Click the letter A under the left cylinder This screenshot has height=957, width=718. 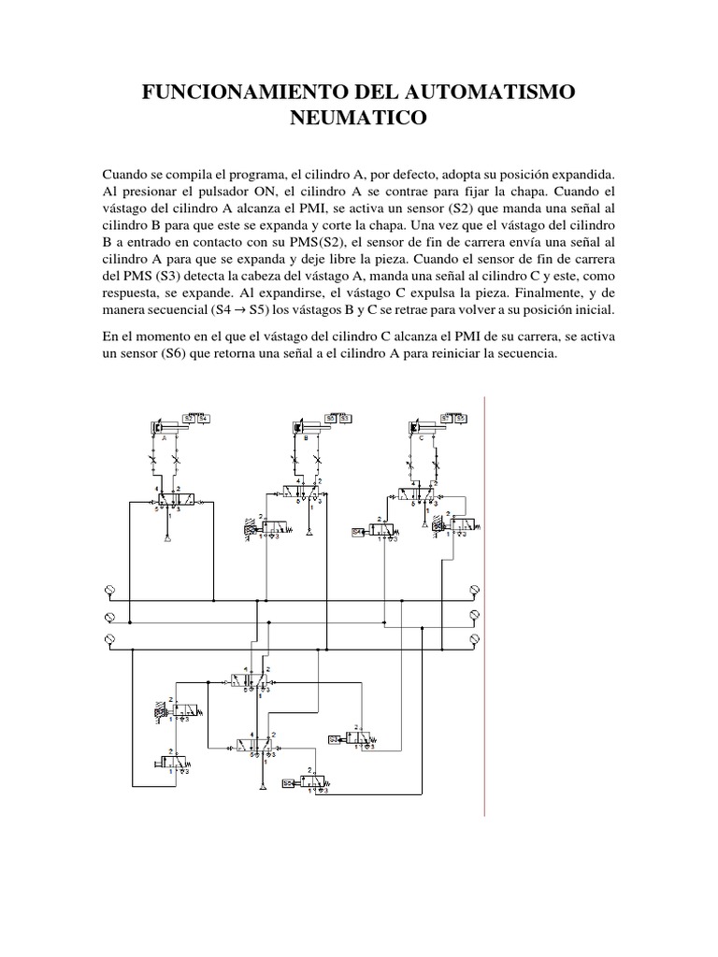tap(164, 437)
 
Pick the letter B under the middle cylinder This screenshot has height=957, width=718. tap(306, 437)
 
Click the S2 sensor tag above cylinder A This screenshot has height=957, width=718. tap(189, 419)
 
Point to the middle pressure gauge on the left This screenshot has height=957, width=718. tap(108, 617)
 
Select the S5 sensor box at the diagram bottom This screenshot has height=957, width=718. tap(289, 782)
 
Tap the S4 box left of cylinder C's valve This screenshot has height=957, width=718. tap(358, 532)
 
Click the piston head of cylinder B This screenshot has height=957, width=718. tap(297, 428)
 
